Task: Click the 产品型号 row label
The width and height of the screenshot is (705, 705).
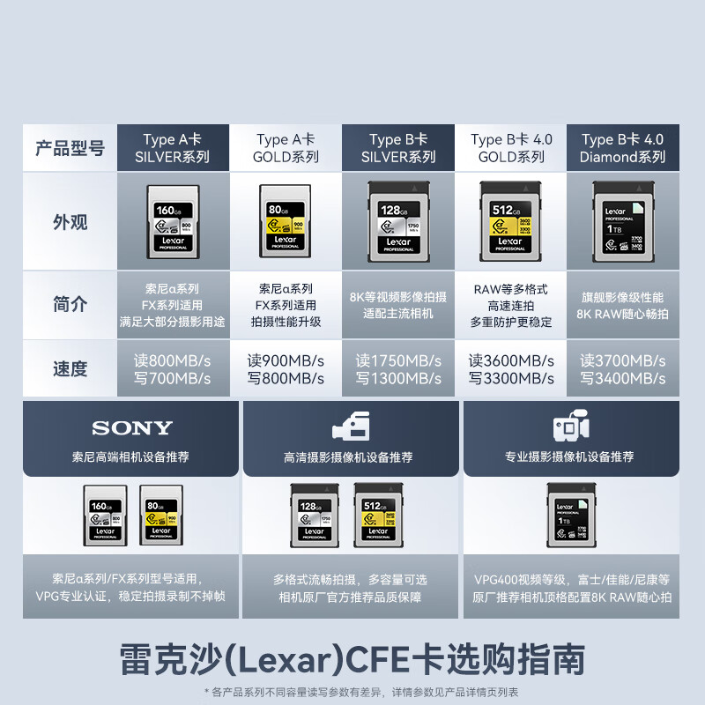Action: (70, 148)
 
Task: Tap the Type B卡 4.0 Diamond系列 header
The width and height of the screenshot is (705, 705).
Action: (622, 148)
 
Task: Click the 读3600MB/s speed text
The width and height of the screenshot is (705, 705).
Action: (511, 360)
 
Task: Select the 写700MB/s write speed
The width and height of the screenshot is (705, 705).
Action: (172, 379)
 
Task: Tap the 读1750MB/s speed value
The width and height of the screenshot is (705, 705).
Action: (398, 360)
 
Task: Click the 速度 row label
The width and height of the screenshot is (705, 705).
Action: (70, 369)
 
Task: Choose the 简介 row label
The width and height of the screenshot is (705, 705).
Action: (70, 305)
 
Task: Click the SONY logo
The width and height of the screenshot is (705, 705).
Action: (132, 429)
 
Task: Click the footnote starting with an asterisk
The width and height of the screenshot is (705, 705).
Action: (361, 692)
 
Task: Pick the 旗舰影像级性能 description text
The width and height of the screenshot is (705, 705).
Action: (622, 297)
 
